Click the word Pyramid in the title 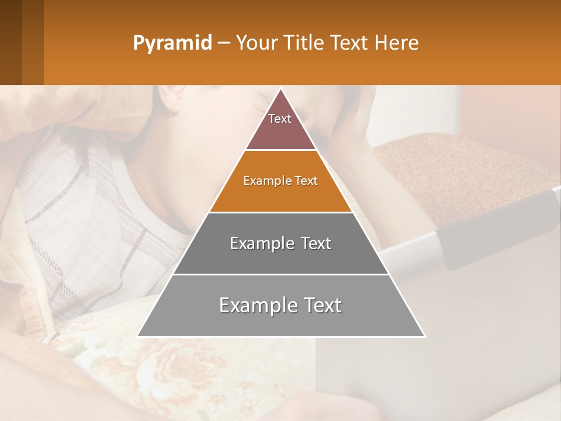172,43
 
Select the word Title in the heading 304,43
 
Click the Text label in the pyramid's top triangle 280,119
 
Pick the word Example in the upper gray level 259,243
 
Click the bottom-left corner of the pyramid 138,336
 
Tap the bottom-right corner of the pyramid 425,336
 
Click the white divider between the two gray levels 281,274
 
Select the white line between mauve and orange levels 281,150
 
